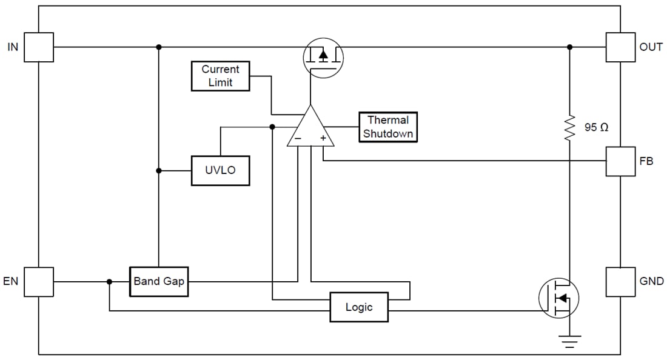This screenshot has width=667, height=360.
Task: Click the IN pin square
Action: pos(39,47)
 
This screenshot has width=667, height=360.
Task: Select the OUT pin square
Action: pos(621,47)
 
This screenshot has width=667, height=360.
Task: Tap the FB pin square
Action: pos(621,161)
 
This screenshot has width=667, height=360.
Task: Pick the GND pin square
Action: pos(621,282)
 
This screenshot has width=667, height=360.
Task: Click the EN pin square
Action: pos(39,282)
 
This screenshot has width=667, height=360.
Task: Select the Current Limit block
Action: pos(220,76)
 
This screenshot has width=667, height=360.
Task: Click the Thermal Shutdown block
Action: pos(388,127)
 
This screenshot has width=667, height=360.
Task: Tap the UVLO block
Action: pos(220,170)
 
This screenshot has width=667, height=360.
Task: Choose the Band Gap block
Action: pos(159,282)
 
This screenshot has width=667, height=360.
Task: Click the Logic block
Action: pos(358,307)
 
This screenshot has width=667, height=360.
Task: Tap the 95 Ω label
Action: pos(596,128)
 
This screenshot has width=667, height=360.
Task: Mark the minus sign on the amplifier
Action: pos(297,138)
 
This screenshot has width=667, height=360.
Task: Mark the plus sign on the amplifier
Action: pos(323,138)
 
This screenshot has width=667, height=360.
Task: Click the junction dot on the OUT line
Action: pos(569,47)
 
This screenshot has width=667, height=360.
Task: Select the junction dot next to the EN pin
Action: pos(109,282)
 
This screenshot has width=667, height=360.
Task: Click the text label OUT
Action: pos(651,47)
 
